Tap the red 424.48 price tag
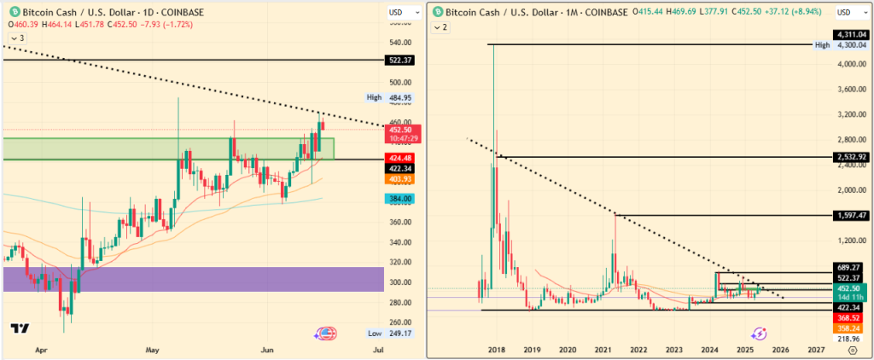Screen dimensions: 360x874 [x=401, y=157]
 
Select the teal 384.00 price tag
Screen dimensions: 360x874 [x=401, y=199]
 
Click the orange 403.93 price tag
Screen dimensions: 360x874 [x=401, y=179]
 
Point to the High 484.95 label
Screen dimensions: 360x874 [x=394, y=98]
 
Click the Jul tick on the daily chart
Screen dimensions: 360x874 [x=378, y=349]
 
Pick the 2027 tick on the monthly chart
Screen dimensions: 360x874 [x=815, y=349]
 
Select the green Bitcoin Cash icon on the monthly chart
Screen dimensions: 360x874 [x=437, y=11]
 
